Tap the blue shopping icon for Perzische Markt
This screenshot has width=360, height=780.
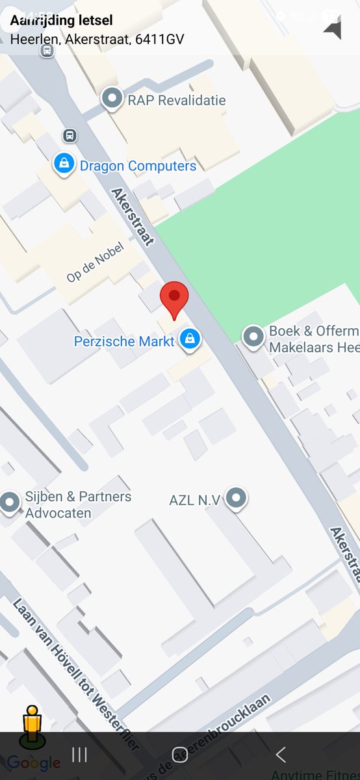tap(190, 339)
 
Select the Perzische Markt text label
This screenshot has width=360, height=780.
tap(124, 341)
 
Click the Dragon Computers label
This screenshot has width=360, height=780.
tap(138, 166)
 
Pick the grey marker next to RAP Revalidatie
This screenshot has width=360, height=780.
tap(112, 99)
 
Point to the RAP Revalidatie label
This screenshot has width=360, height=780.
tap(177, 101)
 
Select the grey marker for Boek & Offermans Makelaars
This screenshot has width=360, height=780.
tap(252, 337)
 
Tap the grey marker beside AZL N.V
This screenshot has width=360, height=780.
tap(238, 498)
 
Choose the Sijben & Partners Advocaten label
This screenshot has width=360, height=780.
tap(78, 504)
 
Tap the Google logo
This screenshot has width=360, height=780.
tap(34, 762)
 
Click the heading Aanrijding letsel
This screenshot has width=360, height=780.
tap(61, 21)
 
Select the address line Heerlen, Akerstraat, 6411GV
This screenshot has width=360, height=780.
tap(97, 40)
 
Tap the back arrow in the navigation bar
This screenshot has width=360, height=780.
tap(281, 754)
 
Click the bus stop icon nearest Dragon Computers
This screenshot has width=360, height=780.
tap(70, 135)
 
